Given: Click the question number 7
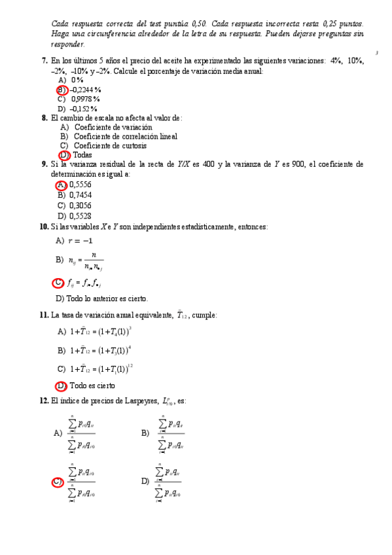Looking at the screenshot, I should click(44, 61).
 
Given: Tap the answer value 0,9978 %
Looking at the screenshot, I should click(85, 99).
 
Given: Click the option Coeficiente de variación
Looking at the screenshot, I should click(113, 127).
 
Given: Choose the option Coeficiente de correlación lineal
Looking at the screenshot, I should click(126, 136).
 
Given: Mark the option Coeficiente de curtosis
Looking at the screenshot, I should click(110, 145).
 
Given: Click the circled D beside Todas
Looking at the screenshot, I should click(64, 155).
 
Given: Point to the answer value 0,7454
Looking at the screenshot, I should click(80, 195).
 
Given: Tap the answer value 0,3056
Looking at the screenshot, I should click(80, 205).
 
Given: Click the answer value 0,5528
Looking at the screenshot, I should click(80, 215).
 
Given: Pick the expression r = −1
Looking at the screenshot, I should click(80, 241).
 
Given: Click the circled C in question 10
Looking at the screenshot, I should click(58, 283).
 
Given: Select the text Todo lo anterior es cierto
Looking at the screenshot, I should click(107, 298).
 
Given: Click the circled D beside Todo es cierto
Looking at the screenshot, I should click(61, 385).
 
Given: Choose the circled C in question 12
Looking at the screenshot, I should click(58, 483).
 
